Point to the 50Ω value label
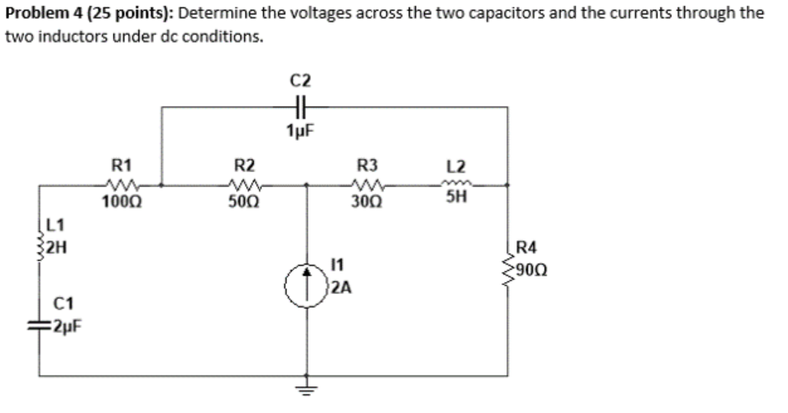tap(244, 202)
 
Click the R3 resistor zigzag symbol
tap(368, 185)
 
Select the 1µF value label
tap(301, 131)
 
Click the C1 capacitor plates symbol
tap(42, 328)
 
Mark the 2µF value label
tap(65, 328)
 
